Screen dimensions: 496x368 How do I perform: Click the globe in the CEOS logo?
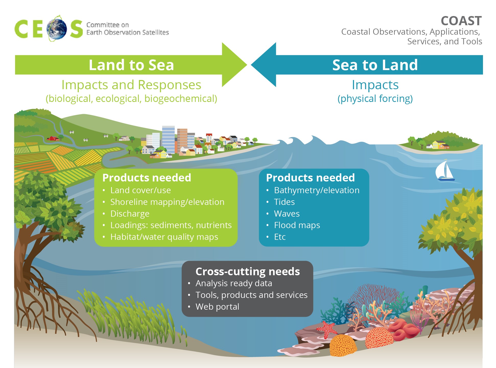(x=57, y=29)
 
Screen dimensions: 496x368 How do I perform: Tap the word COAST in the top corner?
(x=461, y=21)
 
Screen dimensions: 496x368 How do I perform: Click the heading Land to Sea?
(x=131, y=65)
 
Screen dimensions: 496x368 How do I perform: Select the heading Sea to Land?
(x=375, y=65)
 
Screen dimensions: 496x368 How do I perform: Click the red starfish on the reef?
(x=327, y=330)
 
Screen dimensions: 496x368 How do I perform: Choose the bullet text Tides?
(x=284, y=202)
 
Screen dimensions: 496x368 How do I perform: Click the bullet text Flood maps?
(x=297, y=225)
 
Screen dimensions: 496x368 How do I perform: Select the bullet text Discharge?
(x=130, y=214)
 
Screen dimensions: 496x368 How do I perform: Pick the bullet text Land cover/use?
(x=140, y=190)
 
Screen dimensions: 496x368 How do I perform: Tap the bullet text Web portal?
(x=217, y=307)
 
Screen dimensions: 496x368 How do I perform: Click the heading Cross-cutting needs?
(x=247, y=272)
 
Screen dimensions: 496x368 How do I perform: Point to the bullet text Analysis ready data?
(x=234, y=283)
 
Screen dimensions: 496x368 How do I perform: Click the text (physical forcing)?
(x=375, y=99)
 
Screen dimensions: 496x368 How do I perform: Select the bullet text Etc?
(x=280, y=237)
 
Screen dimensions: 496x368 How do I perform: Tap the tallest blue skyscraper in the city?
(x=168, y=140)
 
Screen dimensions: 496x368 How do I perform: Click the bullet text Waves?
(x=287, y=214)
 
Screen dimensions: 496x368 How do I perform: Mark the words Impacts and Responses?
(x=131, y=85)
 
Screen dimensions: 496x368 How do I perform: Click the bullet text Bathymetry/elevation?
(x=317, y=190)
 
